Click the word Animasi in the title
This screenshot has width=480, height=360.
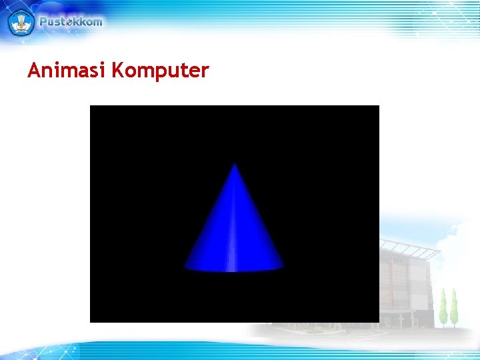(67, 70)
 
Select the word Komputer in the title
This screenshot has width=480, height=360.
(160, 71)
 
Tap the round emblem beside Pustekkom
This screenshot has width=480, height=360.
(20, 22)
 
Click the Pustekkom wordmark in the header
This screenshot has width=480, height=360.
(71, 21)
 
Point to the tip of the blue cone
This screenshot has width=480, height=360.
(234, 164)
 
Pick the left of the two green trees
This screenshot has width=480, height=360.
(443, 308)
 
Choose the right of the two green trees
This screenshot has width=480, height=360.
(454, 308)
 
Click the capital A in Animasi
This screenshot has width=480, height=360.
(34, 70)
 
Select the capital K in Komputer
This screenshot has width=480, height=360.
(118, 70)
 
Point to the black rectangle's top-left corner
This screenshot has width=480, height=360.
(91, 106)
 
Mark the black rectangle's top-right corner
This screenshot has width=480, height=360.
(378, 106)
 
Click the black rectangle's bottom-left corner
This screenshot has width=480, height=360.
(91, 321)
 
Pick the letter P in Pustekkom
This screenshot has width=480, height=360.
(44, 21)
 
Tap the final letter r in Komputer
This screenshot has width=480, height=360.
(205, 71)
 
